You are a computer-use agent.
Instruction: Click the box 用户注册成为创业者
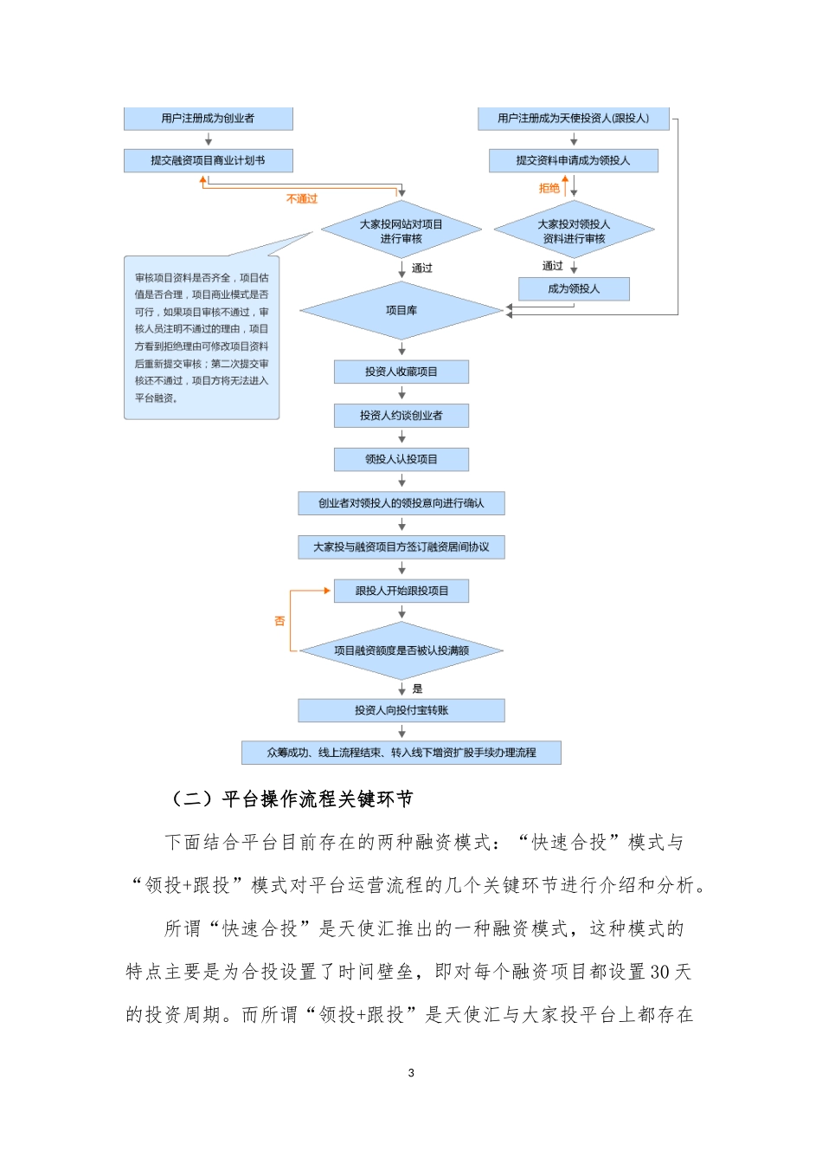pyautogui.click(x=208, y=119)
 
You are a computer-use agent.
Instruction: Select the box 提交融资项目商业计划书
pyautogui.click(x=208, y=160)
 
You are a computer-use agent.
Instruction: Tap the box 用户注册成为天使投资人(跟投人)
pyautogui.click(x=573, y=119)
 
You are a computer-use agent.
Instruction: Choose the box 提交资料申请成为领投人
pyautogui.click(x=573, y=160)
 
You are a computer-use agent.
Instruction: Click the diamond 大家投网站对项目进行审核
pyautogui.click(x=401, y=231)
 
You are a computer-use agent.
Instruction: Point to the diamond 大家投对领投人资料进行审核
pyautogui.click(x=574, y=231)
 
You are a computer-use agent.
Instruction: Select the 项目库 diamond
pyautogui.click(x=401, y=310)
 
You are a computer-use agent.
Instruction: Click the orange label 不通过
pyautogui.click(x=302, y=199)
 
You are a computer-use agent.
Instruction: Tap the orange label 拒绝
pyautogui.click(x=549, y=188)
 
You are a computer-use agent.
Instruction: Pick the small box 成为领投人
pyautogui.click(x=574, y=289)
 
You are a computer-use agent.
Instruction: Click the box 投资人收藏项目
pyautogui.click(x=401, y=372)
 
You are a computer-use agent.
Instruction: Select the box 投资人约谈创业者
pyautogui.click(x=401, y=416)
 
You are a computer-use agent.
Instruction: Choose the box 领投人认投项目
pyautogui.click(x=401, y=459)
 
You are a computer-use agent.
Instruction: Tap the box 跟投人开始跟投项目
pyautogui.click(x=401, y=591)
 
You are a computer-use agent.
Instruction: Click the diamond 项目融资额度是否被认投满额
pyautogui.click(x=401, y=650)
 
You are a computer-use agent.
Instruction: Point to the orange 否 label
pyautogui.click(x=279, y=621)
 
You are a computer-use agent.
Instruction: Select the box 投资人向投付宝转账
pyautogui.click(x=401, y=710)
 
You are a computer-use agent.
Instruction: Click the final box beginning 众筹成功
pyautogui.click(x=401, y=753)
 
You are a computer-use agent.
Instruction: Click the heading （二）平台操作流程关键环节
pyautogui.click(x=292, y=799)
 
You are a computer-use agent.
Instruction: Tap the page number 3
pyautogui.click(x=411, y=1073)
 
